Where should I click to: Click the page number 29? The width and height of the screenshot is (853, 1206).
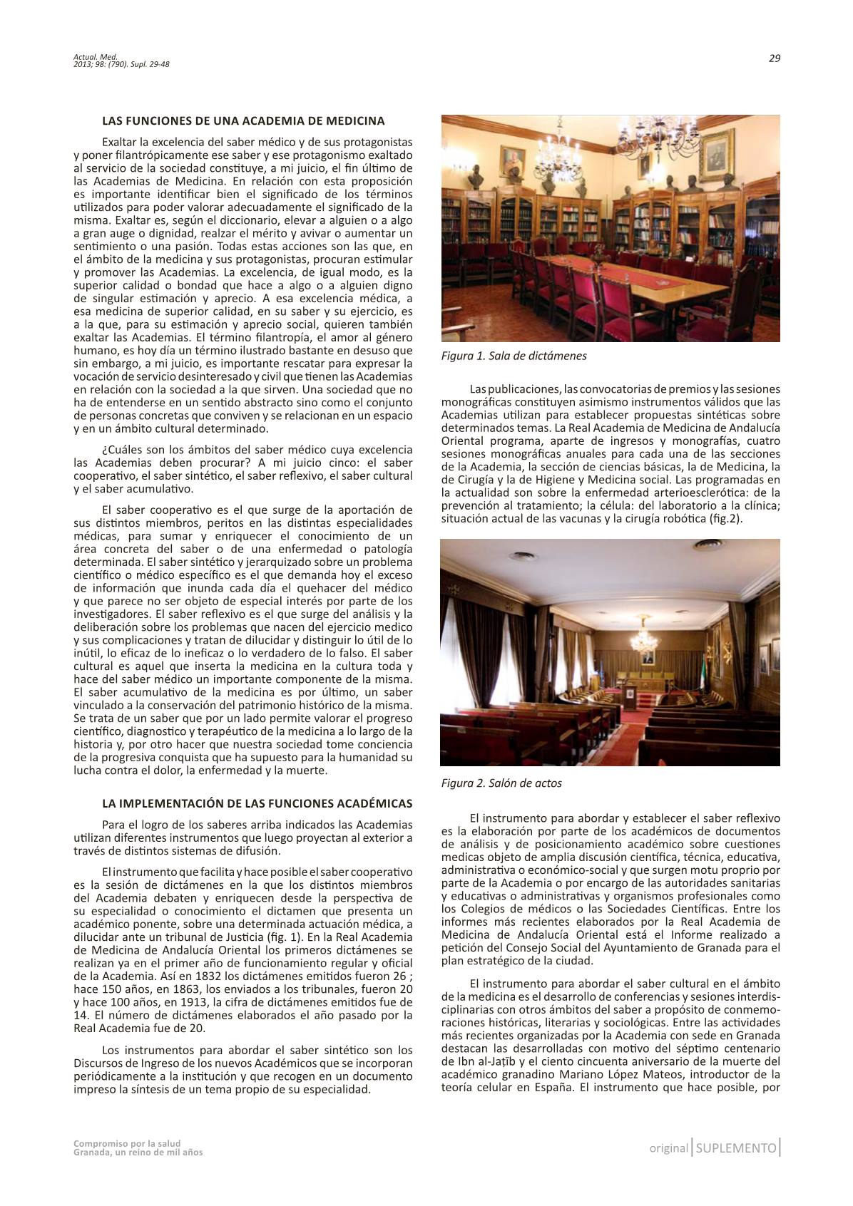[774, 58]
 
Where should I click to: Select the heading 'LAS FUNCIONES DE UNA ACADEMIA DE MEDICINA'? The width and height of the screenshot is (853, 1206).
[243, 120]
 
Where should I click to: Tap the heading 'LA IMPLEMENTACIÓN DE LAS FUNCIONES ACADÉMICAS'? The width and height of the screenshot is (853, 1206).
[257, 803]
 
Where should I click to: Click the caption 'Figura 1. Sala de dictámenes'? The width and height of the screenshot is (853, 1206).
[514, 355]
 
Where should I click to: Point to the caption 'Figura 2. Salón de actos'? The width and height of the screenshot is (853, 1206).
[501, 783]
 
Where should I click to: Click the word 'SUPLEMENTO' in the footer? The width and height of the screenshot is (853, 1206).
[735, 1148]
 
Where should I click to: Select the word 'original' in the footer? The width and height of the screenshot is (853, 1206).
[668, 1148]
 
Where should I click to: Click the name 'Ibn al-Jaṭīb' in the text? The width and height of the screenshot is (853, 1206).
[472, 1061]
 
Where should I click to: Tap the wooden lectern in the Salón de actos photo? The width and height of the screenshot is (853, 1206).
[629, 694]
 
